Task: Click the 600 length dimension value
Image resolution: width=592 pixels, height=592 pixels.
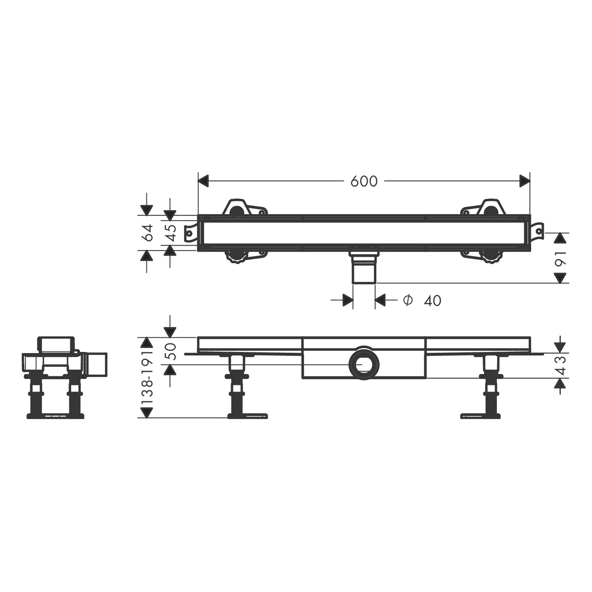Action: [364, 181]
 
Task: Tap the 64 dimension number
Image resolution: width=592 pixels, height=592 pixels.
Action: [147, 232]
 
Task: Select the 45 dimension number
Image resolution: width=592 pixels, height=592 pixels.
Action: [170, 232]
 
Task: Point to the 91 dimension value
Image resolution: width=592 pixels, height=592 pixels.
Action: [560, 258]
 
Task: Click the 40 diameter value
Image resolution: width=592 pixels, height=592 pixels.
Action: [433, 301]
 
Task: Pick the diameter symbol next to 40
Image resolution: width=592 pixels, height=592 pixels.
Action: [408, 300]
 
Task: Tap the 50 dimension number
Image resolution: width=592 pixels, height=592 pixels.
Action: [170, 350]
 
